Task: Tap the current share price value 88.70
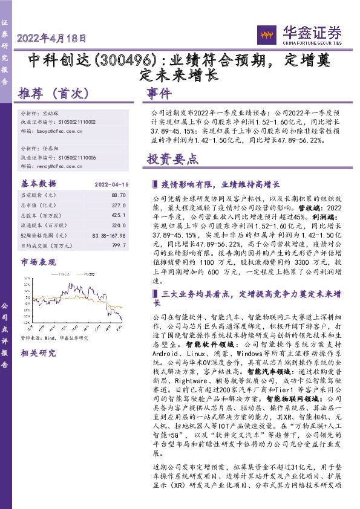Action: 119,196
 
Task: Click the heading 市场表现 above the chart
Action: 37,262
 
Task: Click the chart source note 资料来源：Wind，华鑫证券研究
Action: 54,337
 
